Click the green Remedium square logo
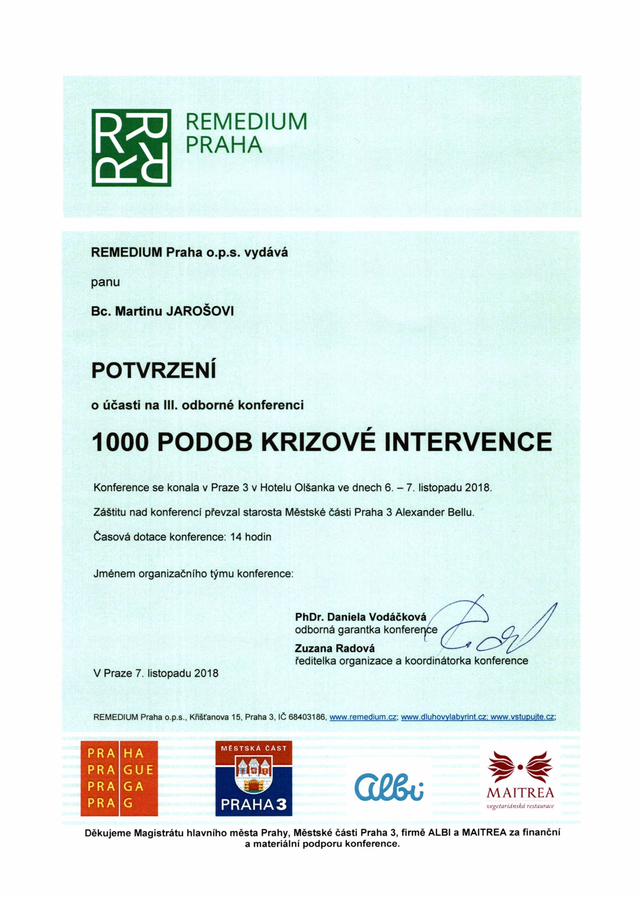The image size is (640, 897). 131,147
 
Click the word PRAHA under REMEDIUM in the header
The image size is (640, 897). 224,145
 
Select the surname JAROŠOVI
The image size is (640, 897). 200,312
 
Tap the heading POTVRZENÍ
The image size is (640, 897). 154,370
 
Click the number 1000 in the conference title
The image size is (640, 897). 120,441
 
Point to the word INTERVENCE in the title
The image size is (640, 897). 468,441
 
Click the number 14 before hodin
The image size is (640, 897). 237,537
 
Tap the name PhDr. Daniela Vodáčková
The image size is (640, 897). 361,616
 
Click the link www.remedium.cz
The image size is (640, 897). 363,717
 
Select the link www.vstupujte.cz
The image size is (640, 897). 523,717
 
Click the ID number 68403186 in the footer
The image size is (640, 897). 307,717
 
